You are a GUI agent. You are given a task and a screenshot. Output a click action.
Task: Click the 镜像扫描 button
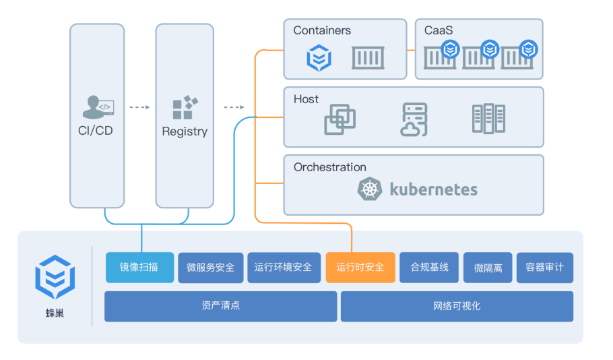tap(139, 267)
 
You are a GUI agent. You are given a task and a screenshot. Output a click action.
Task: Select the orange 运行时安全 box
tap(360, 267)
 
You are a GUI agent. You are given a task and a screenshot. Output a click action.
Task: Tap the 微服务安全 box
tap(210, 267)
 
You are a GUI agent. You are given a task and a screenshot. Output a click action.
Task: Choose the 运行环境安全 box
tap(284, 267)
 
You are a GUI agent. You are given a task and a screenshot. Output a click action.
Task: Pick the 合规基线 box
tap(429, 267)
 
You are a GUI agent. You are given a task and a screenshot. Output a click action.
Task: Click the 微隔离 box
tap(488, 267)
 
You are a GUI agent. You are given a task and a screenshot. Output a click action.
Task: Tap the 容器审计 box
tap(544, 267)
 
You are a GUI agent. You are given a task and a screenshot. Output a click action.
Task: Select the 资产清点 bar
tap(220, 306)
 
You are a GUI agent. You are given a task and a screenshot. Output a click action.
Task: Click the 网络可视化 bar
tap(457, 306)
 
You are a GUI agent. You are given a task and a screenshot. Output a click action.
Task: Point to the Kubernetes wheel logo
tap(369, 189)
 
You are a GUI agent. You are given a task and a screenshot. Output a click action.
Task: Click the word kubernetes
tap(434, 190)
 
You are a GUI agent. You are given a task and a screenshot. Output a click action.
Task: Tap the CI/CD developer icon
tap(98, 107)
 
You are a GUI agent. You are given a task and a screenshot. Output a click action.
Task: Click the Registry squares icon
tap(185, 107)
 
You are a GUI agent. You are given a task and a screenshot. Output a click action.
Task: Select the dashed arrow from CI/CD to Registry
tap(139, 107)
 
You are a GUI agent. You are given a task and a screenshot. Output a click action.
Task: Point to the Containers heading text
tap(322, 30)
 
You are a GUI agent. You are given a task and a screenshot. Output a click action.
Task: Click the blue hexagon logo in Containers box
tap(319, 58)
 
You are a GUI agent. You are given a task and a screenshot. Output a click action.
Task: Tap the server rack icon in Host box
tap(488, 119)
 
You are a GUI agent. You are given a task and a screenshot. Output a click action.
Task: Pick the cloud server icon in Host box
tap(414, 119)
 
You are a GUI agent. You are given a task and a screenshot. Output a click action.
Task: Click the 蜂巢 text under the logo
tap(55, 313)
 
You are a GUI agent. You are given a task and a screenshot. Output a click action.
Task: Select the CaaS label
tap(439, 30)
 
